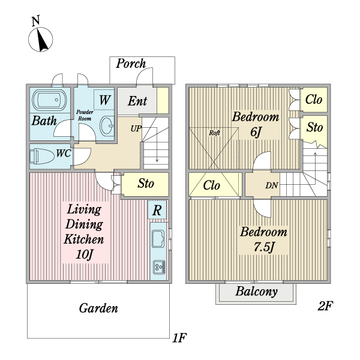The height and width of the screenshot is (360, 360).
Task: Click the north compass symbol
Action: coord(40,38)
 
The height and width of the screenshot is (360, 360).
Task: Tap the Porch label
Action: coord(131,62)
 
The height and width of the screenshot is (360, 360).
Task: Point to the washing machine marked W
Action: coord(104,99)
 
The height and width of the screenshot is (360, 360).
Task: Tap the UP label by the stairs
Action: coord(136,127)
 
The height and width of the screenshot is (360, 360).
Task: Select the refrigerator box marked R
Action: coord(157,210)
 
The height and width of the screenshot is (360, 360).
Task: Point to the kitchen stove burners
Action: coord(159,266)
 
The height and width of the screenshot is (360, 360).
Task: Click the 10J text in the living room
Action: coord(85,255)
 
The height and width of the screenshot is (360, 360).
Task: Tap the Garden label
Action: coord(98,309)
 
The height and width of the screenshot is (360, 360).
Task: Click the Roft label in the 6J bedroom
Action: coord(214,133)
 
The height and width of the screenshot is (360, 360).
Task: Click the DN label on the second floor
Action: coord(272,185)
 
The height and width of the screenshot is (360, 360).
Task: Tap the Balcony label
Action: coord(256,293)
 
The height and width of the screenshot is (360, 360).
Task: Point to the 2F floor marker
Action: coord(325,307)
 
